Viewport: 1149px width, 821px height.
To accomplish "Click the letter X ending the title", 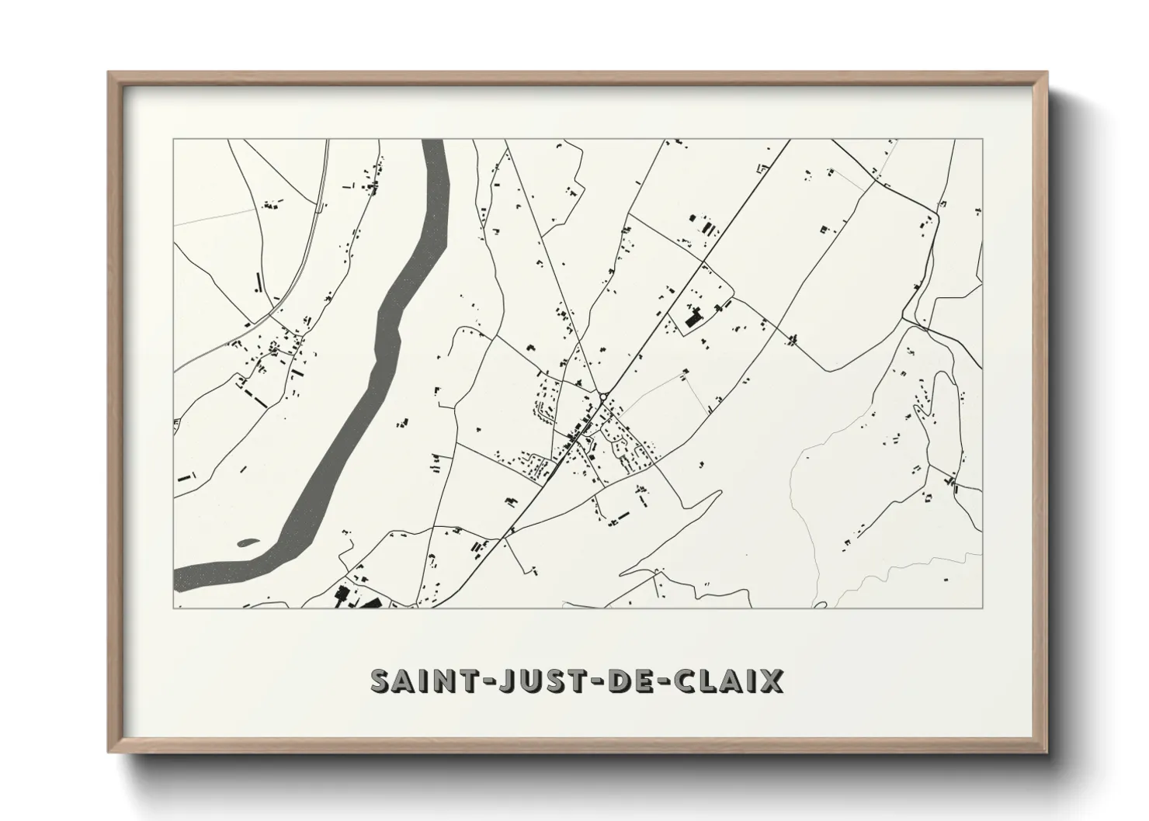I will [x=771, y=681].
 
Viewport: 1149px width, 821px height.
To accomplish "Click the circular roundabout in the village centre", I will [x=603, y=397].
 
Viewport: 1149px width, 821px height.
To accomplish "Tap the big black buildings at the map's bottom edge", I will [x=342, y=598].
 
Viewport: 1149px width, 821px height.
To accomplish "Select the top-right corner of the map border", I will [x=983, y=140].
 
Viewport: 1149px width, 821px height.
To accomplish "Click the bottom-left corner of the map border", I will [x=174, y=608].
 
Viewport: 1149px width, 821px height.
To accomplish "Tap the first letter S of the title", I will [x=380, y=681].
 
